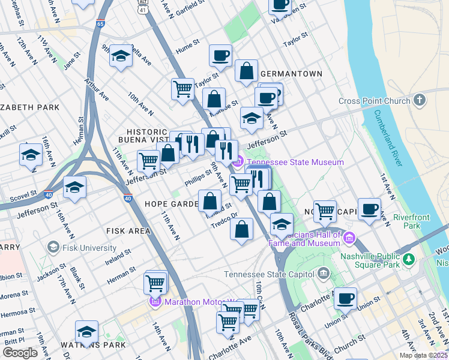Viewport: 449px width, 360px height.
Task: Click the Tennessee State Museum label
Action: click(295, 162)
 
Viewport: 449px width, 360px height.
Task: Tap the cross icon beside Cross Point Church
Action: click(419, 100)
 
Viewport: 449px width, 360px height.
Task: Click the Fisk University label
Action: click(90, 248)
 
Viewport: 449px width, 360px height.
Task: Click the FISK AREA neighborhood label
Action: click(128, 230)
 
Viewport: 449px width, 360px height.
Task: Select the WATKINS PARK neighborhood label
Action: click(93, 345)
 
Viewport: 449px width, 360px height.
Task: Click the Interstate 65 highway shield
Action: click(100, 24)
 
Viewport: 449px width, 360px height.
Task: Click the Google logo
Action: click(20, 352)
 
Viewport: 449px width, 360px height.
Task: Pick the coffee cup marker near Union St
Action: click(345, 298)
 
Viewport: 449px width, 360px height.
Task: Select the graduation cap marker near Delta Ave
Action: click(121, 56)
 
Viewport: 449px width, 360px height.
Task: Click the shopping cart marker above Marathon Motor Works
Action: click(155, 282)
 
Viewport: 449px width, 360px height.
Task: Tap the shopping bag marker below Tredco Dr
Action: click(241, 229)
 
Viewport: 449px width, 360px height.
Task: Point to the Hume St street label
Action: click(187, 44)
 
